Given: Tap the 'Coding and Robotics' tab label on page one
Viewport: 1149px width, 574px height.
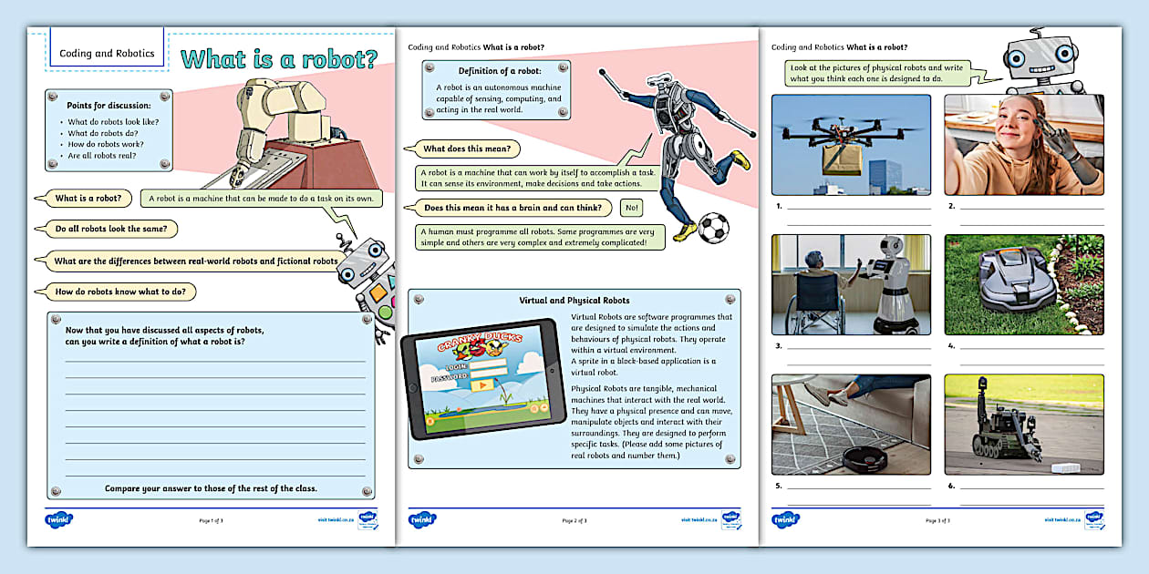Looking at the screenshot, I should coord(107,53).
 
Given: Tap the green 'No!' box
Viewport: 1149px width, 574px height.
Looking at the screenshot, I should coord(631,208).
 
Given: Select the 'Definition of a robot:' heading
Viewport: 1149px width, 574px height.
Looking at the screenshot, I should coord(499,70).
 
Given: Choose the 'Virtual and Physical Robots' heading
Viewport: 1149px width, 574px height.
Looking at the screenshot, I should coord(574,300).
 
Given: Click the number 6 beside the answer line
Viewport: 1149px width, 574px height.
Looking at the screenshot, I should coord(951,486).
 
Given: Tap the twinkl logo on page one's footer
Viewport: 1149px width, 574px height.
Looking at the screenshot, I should coord(58,519).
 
